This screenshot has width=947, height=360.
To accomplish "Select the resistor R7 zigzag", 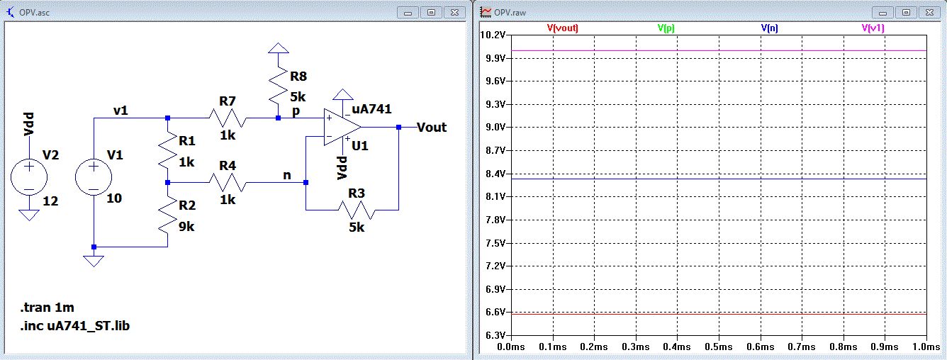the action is pyautogui.click(x=228, y=118).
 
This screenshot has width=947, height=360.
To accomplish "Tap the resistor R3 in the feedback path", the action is pyautogui.click(x=357, y=210).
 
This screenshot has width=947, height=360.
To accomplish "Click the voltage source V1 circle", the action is pyautogui.click(x=94, y=177).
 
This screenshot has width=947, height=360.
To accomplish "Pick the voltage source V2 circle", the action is pyautogui.click(x=29, y=177).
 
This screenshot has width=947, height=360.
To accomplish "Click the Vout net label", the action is pyautogui.click(x=432, y=127).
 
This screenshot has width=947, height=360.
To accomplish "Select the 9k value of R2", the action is pyautogui.click(x=186, y=227).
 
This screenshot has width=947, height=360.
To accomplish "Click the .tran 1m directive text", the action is pyautogui.click(x=47, y=307).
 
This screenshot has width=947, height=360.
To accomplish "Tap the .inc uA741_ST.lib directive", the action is pyautogui.click(x=74, y=326).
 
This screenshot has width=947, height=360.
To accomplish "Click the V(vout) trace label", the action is pyautogui.click(x=562, y=28).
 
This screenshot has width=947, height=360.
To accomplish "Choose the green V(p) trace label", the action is pyautogui.click(x=666, y=28).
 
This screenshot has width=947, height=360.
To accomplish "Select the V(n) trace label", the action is pyautogui.click(x=770, y=28).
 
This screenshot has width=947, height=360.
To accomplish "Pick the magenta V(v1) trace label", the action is pyautogui.click(x=873, y=28).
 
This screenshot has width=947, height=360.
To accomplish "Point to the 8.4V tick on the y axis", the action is pyautogui.click(x=495, y=174).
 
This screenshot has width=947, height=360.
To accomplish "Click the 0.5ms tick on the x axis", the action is pyautogui.click(x=719, y=347).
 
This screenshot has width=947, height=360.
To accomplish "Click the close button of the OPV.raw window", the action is pyautogui.click(x=930, y=13).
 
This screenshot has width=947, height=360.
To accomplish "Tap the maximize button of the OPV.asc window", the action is pyautogui.click(x=431, y=13).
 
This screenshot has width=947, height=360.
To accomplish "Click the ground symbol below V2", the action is pyautogui.click(x=29, y=215).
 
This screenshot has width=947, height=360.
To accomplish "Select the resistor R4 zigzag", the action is pyautogui.click(x=228, y=183).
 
